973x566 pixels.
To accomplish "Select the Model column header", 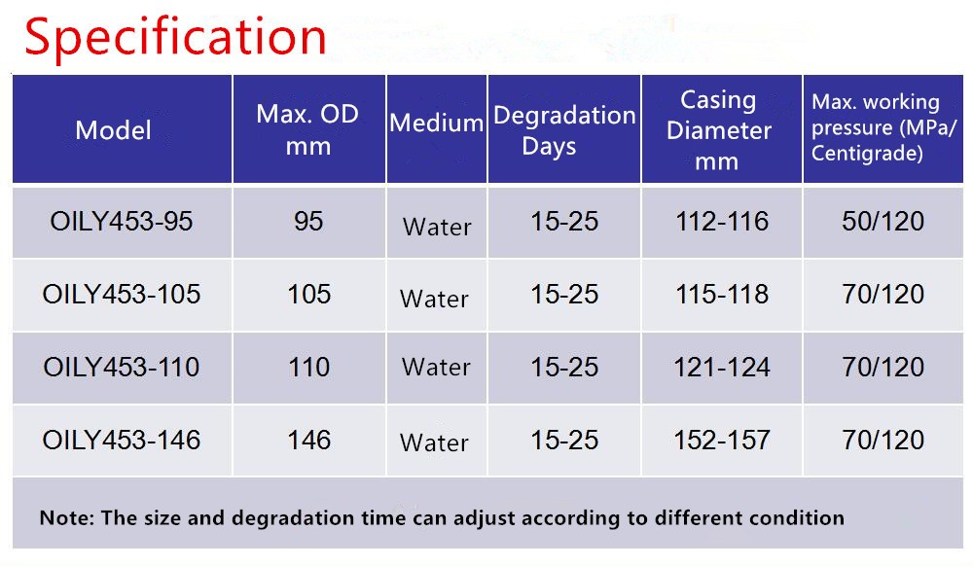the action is tap(114, 130).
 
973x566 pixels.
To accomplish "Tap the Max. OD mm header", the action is tap(307, 129).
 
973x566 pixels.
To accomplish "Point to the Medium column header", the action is tap(436, 123).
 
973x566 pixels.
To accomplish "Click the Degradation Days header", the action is tap(564, 130).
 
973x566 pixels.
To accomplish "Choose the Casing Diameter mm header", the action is tap(719, 130).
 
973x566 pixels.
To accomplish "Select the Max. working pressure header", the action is tap(883, 127).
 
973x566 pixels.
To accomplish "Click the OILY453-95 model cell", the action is tap(122, 222).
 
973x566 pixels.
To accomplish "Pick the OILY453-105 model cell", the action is tap(122, 294).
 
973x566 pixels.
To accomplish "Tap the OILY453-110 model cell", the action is tap(122, 367).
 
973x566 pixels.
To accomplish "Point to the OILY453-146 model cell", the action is tap(122, 441).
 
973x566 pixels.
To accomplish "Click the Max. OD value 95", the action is tap(308, 222).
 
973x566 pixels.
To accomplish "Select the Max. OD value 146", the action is tap(308, 441).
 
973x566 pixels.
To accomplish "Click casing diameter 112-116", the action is tap(722, 222).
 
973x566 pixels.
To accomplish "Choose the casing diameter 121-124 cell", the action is tap(722, 367).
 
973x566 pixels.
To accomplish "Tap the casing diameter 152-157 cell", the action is tap(722, 441).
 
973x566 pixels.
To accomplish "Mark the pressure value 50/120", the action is tap(883, 222).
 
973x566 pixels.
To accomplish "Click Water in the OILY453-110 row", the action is tap(436, 367).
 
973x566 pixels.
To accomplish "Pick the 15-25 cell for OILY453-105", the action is tap(564, 294).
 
